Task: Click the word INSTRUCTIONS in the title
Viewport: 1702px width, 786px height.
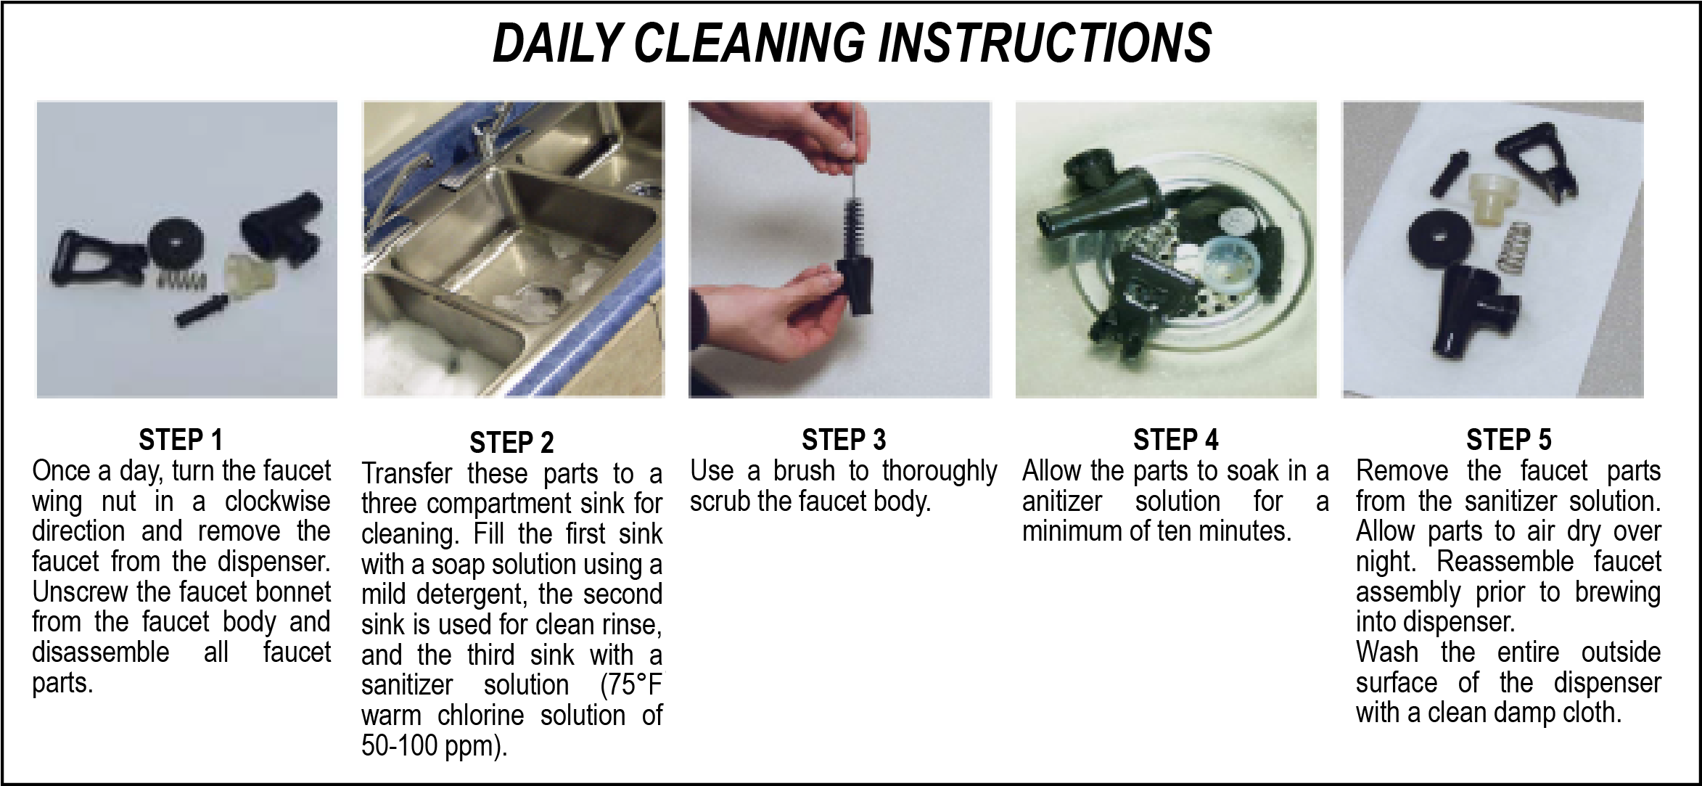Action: click(x=1045, y=42)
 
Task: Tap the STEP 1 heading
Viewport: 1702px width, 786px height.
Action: click(x=180, y=440)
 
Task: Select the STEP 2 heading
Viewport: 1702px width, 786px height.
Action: click(x=511, y=442)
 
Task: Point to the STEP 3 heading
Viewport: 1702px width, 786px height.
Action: click(x=844, y=440)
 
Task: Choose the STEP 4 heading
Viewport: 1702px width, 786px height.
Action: click(x=1175, y=440)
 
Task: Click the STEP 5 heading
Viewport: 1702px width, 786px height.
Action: click(x=1508, y=440)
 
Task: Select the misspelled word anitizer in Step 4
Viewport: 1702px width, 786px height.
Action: click(x=1061, y=502)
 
